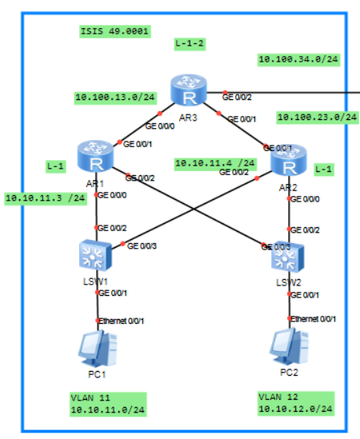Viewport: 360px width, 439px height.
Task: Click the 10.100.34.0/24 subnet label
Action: tap(298, 58)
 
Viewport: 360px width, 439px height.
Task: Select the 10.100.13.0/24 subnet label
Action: tap(115, 97)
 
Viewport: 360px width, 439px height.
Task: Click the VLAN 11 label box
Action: tap(105, 402)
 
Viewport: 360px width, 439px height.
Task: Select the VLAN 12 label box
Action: tap(295, 402)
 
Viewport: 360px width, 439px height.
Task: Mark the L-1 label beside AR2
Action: tap(323, 169)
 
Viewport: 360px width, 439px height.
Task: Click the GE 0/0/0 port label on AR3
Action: tap(161, 126)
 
